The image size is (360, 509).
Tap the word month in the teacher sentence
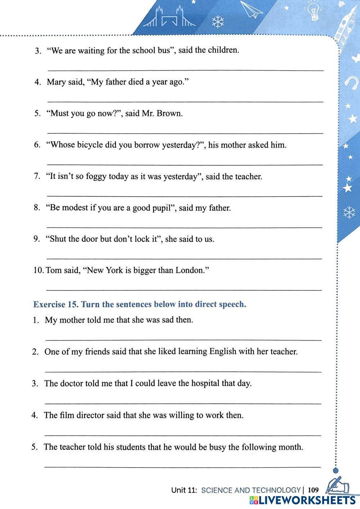click(x=290, y=447)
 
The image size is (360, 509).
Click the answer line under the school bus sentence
click(x=185, y=70)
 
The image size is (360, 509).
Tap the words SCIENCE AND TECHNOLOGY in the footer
click(x=251, y=490)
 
